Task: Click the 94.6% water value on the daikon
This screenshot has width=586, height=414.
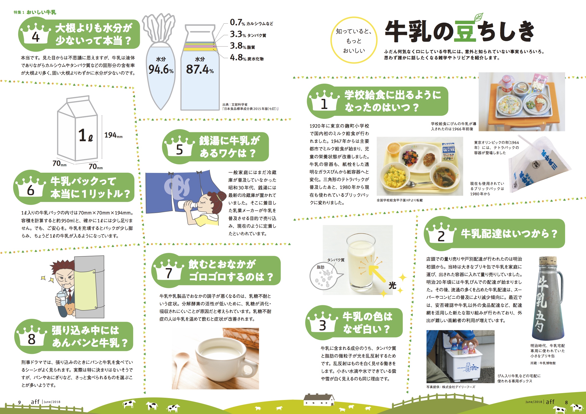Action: [x=161, y=69]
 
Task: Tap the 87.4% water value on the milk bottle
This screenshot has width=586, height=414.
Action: [x=200, y=69]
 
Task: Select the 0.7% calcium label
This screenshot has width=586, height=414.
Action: [x=251, y=22]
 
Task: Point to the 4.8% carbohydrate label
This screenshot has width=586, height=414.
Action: [x=247, y=57]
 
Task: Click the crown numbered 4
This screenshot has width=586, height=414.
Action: [x=35, y=33]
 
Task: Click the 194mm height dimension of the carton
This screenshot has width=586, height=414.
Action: [x=113, y=135]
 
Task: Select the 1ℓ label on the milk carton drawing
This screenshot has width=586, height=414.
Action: [x=85, y=135]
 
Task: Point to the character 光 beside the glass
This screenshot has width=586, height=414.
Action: [x=393, y=285]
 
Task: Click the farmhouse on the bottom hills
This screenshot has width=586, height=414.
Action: [x=319, y=399]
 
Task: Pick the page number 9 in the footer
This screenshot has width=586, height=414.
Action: [x=19, y=402]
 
